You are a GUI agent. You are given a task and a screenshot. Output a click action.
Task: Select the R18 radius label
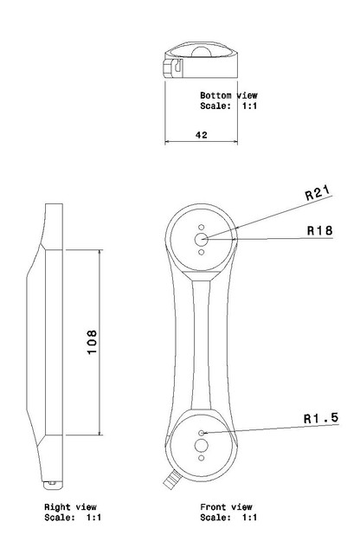tap(319, 230)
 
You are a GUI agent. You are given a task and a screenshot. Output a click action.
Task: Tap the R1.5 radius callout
tap(321, 418)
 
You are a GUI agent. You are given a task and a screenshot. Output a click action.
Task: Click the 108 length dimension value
tap(92, 342)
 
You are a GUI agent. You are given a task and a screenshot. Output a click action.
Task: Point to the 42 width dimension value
tap(202, 135)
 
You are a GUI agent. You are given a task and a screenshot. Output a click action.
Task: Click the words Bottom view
tap(228, 95)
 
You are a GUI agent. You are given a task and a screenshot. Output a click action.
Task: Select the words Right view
tap(70, 507)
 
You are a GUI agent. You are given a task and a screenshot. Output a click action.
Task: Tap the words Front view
tap(226, 507)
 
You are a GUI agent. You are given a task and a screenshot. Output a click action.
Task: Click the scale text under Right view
tap(73, 518)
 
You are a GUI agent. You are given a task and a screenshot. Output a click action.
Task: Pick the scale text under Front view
tap(228, 518)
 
